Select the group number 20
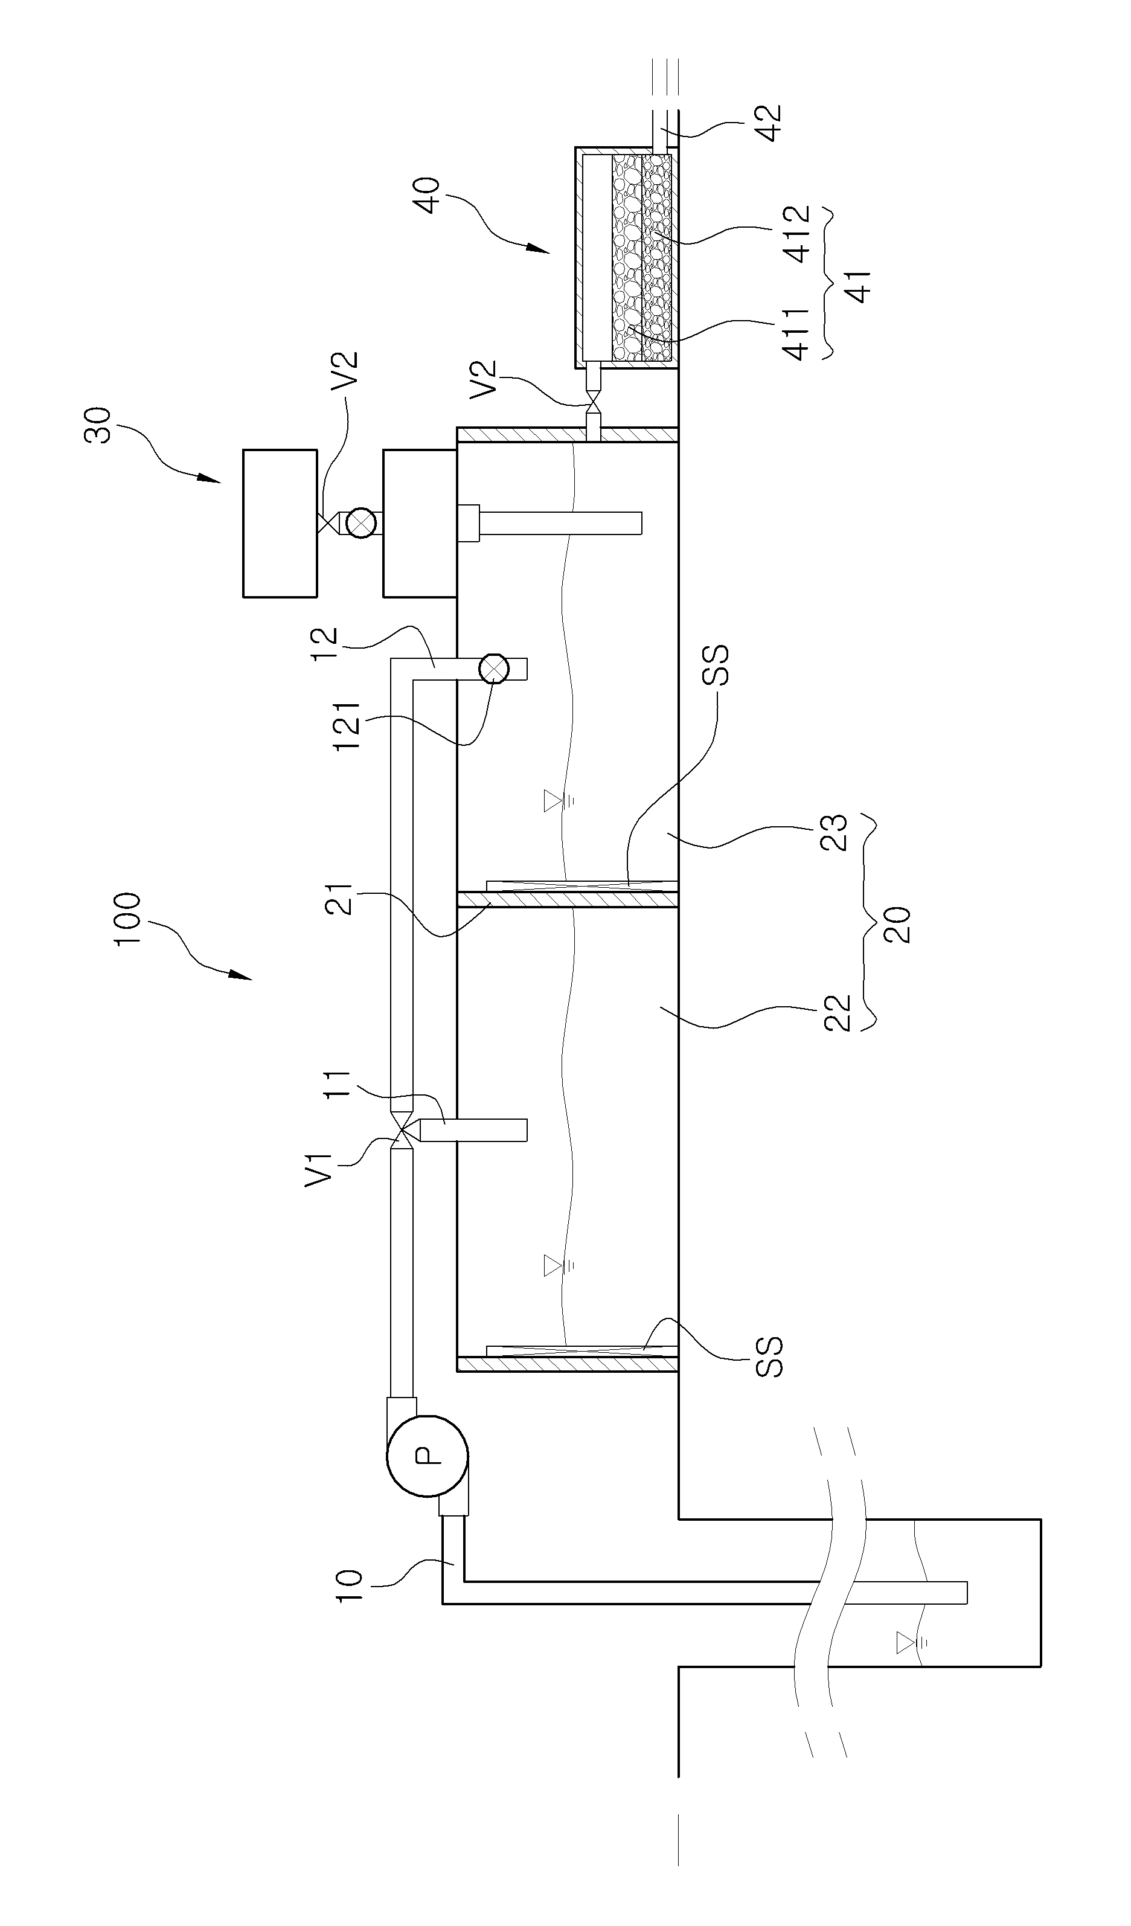click(899, 925)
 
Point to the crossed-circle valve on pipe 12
click(494, 669)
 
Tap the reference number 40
click(426, 195)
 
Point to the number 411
click(795, 334)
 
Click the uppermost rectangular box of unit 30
click(280, 523)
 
